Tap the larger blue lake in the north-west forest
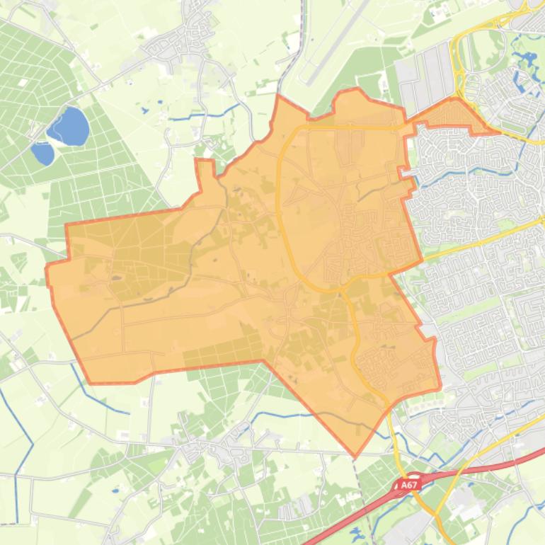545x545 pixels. click(x=69, y=126)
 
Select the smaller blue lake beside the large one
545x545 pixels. click(x=42, y=153)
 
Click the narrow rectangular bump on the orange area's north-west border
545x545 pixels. click(x=204, y=170)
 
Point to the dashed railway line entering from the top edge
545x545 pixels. click(x=297, y=42)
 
